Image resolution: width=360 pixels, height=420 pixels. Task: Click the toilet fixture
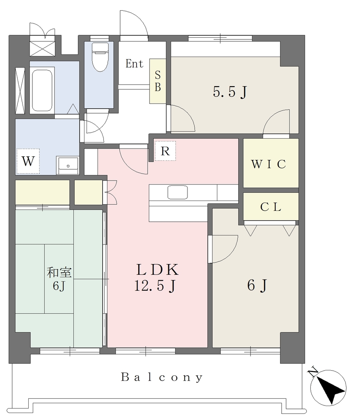click(x=100, y=57)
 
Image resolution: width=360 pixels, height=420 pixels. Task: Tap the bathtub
click(x=42, y=91)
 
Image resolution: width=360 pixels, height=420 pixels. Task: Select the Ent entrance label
click(x=134, y=64)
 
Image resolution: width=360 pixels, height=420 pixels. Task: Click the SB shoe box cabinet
click(x=158, y=81)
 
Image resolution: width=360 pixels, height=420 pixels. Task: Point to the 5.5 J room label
click(x=230, y=92)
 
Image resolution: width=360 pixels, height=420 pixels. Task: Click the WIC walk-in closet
click(x=271, y=163)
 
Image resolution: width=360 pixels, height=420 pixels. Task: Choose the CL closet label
click(x=271, y=207)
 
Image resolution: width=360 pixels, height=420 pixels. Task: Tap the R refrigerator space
click(x=165, y=151)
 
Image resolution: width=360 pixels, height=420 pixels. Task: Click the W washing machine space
click(x=28, y=161)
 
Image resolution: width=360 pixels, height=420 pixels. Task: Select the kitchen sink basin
click(x=177, y=192)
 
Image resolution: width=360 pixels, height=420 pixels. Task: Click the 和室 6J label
click(x=59, y=279)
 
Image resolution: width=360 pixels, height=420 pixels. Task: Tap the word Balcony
click(x=162, y=377)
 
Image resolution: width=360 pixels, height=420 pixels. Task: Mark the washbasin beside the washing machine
click(x=68, y=166)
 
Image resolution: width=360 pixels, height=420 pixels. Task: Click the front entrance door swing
click(x=134, y=23)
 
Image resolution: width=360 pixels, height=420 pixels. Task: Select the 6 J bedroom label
click(x=257, y=285)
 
